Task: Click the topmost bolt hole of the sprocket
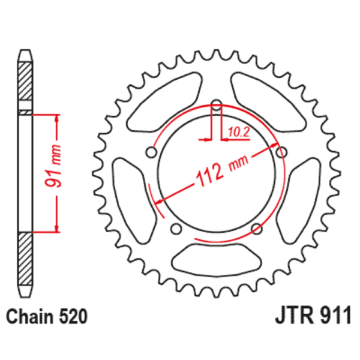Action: pos(217,103)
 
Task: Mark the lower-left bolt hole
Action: pos(176,228)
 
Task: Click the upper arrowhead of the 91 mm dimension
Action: pos(57,118)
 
